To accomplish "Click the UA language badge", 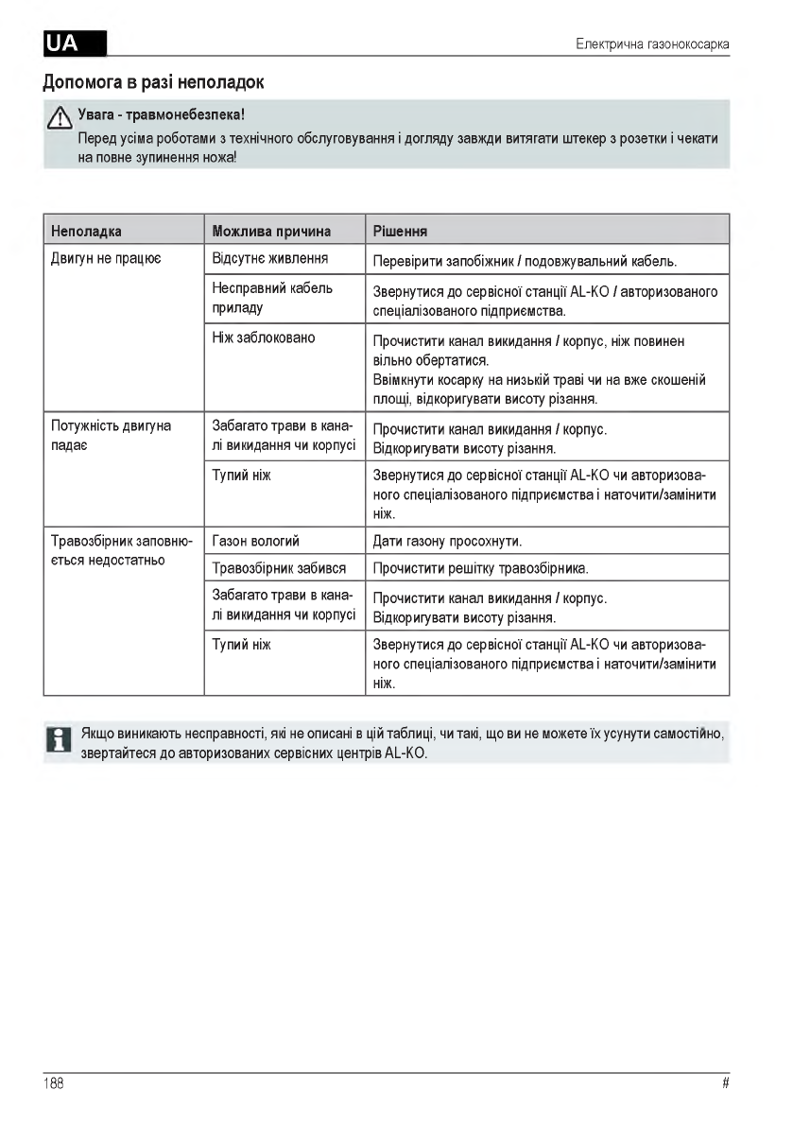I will pyautogui.click(x=75, y=43).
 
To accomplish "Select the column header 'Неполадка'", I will pyautogui.click(x=86, y=231).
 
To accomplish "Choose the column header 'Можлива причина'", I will pyautogui.click(x=271, y=231).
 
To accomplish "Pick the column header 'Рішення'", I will pyautogui.click(x=401, y=231).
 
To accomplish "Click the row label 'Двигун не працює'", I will pyautogui.click(x=106, y=258).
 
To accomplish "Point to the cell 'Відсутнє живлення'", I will pyautogui.click(x=270, y=258).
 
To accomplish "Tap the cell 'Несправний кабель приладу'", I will pyautogui.click(x=272, y=298).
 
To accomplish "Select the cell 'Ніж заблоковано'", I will pyautogui.click(x=264, y=337).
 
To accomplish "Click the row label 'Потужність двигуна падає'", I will pyautogui.click(x=111, y=436).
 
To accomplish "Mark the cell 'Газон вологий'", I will pyautogui.click(x=256, y=542).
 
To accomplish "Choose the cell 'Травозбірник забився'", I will pyautogui.click(x=279, y=568).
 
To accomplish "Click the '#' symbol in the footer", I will pyautogui.click(x=725, y=1083).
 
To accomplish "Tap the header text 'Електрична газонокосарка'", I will pyautogui.click(x=652, y=44).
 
